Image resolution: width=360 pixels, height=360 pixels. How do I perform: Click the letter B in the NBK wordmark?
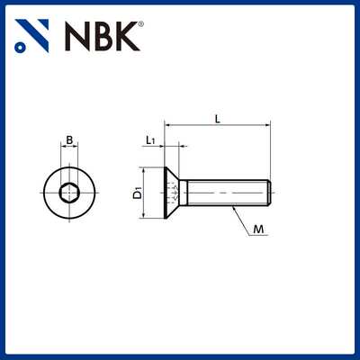(x=102, y=36)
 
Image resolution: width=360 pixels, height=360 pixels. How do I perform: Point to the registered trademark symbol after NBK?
(x=141, y=24)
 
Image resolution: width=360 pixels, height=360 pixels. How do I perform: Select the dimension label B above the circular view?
(x=70, y=139)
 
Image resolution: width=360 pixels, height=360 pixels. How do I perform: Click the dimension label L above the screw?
(x=217, y=117)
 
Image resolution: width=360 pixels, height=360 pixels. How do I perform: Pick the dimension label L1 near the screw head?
(x=151, y=139)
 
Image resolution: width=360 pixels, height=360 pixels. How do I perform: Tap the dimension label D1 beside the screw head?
(x=137, y=191)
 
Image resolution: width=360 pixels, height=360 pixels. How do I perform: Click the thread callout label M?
(x=258, y=230)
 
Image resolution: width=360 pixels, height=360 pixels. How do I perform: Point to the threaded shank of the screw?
(x=225, y=191)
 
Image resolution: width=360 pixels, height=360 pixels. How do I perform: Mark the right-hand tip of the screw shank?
(x=268, y=191)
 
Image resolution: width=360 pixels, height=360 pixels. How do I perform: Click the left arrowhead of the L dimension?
(x=166, y=125)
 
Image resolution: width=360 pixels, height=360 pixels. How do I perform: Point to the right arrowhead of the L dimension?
(x=267, y=125)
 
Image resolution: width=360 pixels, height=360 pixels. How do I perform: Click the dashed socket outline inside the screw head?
(x=173, y=191)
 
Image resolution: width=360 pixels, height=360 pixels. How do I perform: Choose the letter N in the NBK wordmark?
(x=77, y=36)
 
